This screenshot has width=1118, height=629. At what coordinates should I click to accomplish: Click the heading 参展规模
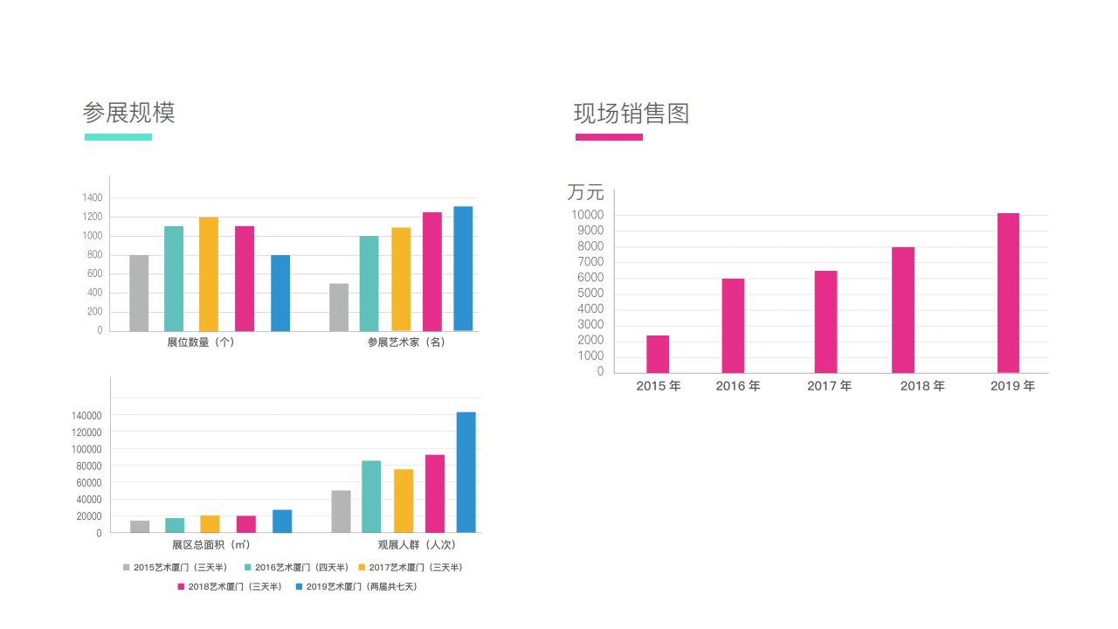[128, 113]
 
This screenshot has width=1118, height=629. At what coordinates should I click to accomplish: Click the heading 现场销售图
[631, 114]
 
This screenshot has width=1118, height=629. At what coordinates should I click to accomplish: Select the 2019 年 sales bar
[1008, 293]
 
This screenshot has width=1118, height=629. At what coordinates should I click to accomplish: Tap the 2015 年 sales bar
[658, 354]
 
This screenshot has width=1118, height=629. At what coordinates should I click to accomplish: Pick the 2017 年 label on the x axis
[829, 386]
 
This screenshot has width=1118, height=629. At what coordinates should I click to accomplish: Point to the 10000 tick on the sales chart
[587, 215]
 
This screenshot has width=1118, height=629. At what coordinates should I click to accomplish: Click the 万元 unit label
[585, 192]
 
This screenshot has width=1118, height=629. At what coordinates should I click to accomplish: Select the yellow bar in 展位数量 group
[209, 273]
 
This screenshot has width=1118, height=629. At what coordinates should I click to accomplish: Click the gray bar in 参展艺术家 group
[339, 307]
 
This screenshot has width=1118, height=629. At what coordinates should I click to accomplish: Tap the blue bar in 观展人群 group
[466, 472]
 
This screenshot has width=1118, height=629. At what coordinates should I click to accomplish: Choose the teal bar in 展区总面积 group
[175, 525]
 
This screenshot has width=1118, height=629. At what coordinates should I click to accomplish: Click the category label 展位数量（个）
[201, 342]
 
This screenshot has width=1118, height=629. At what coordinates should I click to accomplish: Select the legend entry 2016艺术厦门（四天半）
[297, 568]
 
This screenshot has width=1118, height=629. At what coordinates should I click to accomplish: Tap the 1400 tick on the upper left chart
[93, 198]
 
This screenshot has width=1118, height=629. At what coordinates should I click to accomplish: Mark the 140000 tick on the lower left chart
[86, 416]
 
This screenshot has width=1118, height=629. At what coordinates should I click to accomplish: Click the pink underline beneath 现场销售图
[609, 137]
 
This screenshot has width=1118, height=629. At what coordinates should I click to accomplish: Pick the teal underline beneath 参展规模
[118, 137]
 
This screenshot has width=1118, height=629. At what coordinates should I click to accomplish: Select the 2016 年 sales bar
[733, 325]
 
